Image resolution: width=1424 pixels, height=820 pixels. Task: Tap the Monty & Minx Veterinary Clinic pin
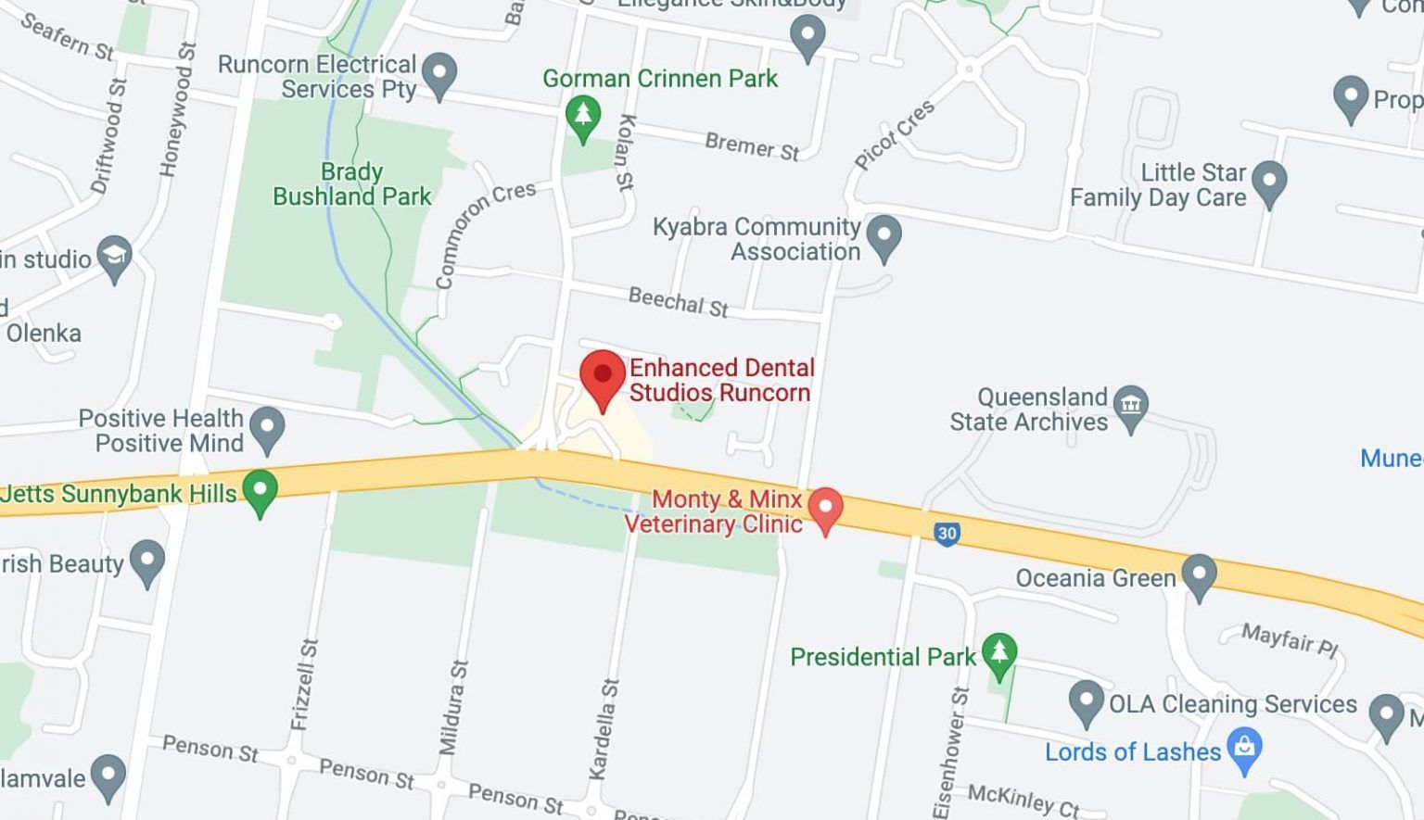[x=825, y=509]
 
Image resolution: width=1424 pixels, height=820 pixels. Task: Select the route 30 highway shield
[x=946, y=534]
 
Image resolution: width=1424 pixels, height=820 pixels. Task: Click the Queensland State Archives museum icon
[x=1130, y=406]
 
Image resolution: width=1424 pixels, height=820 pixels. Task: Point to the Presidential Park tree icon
[x=998, y=652]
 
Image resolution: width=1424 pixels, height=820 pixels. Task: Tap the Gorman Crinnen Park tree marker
[x=582, y=117]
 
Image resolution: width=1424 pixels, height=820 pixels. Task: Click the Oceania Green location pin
[x=1199, y=574]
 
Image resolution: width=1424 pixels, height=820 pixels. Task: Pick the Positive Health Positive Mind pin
[x=268, y=428]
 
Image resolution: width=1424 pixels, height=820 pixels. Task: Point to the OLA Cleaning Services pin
[x=1086, y=701]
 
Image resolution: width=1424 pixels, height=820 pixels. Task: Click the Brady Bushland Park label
[x=351, y=184]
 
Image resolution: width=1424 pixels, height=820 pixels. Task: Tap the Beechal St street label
[x=678, y=301]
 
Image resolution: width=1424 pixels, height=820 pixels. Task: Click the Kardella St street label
[x=604, y=728]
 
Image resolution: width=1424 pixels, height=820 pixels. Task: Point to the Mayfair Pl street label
[x=1290, y=639]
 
